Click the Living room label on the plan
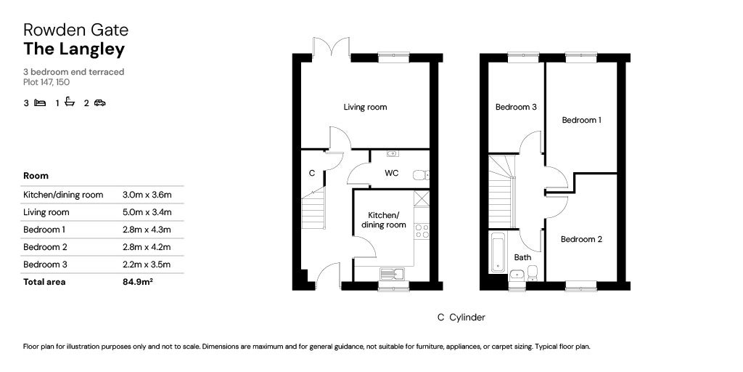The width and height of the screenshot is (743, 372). [x=365, y=108]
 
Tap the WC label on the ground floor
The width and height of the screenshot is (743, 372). [x=391, y=174]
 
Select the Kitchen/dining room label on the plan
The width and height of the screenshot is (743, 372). [x=383, y=220]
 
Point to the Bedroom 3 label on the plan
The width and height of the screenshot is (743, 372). [x=516, y=108]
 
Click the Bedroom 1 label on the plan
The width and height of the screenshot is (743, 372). [x=581, y=121]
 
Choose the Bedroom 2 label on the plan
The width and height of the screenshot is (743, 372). [x=581, y=239]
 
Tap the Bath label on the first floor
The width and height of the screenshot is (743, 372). [x=522, y=257]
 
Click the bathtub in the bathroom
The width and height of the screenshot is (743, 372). [x=498, y=252]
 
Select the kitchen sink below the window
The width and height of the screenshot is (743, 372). [x=390, y=274]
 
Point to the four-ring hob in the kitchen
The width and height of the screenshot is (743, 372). [x=421, y=231]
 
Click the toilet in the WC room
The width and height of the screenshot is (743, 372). [x=420, y=174]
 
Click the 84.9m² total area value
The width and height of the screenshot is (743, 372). [x=138, y=282]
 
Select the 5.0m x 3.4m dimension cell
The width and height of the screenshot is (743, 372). [x=147, y=212]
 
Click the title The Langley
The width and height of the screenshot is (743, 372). [x=74, y=49]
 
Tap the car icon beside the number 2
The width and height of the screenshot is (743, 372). [x=99, y=103]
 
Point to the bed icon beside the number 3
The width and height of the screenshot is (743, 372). [x=41, y=103]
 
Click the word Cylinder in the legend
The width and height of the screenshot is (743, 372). [x=467, y=318]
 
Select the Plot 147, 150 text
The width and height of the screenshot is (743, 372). [x=46, y=82]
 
